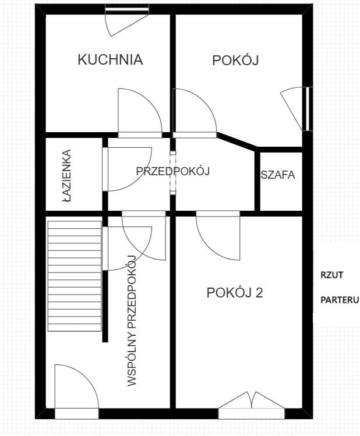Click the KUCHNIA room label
110,59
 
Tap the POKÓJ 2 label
235,292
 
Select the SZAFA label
278,175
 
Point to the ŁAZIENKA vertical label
68,176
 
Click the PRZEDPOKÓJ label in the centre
172,171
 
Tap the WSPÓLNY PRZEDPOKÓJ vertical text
132,321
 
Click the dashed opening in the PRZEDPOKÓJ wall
172,173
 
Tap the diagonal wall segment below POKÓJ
237,143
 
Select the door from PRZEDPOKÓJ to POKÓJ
194,112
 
